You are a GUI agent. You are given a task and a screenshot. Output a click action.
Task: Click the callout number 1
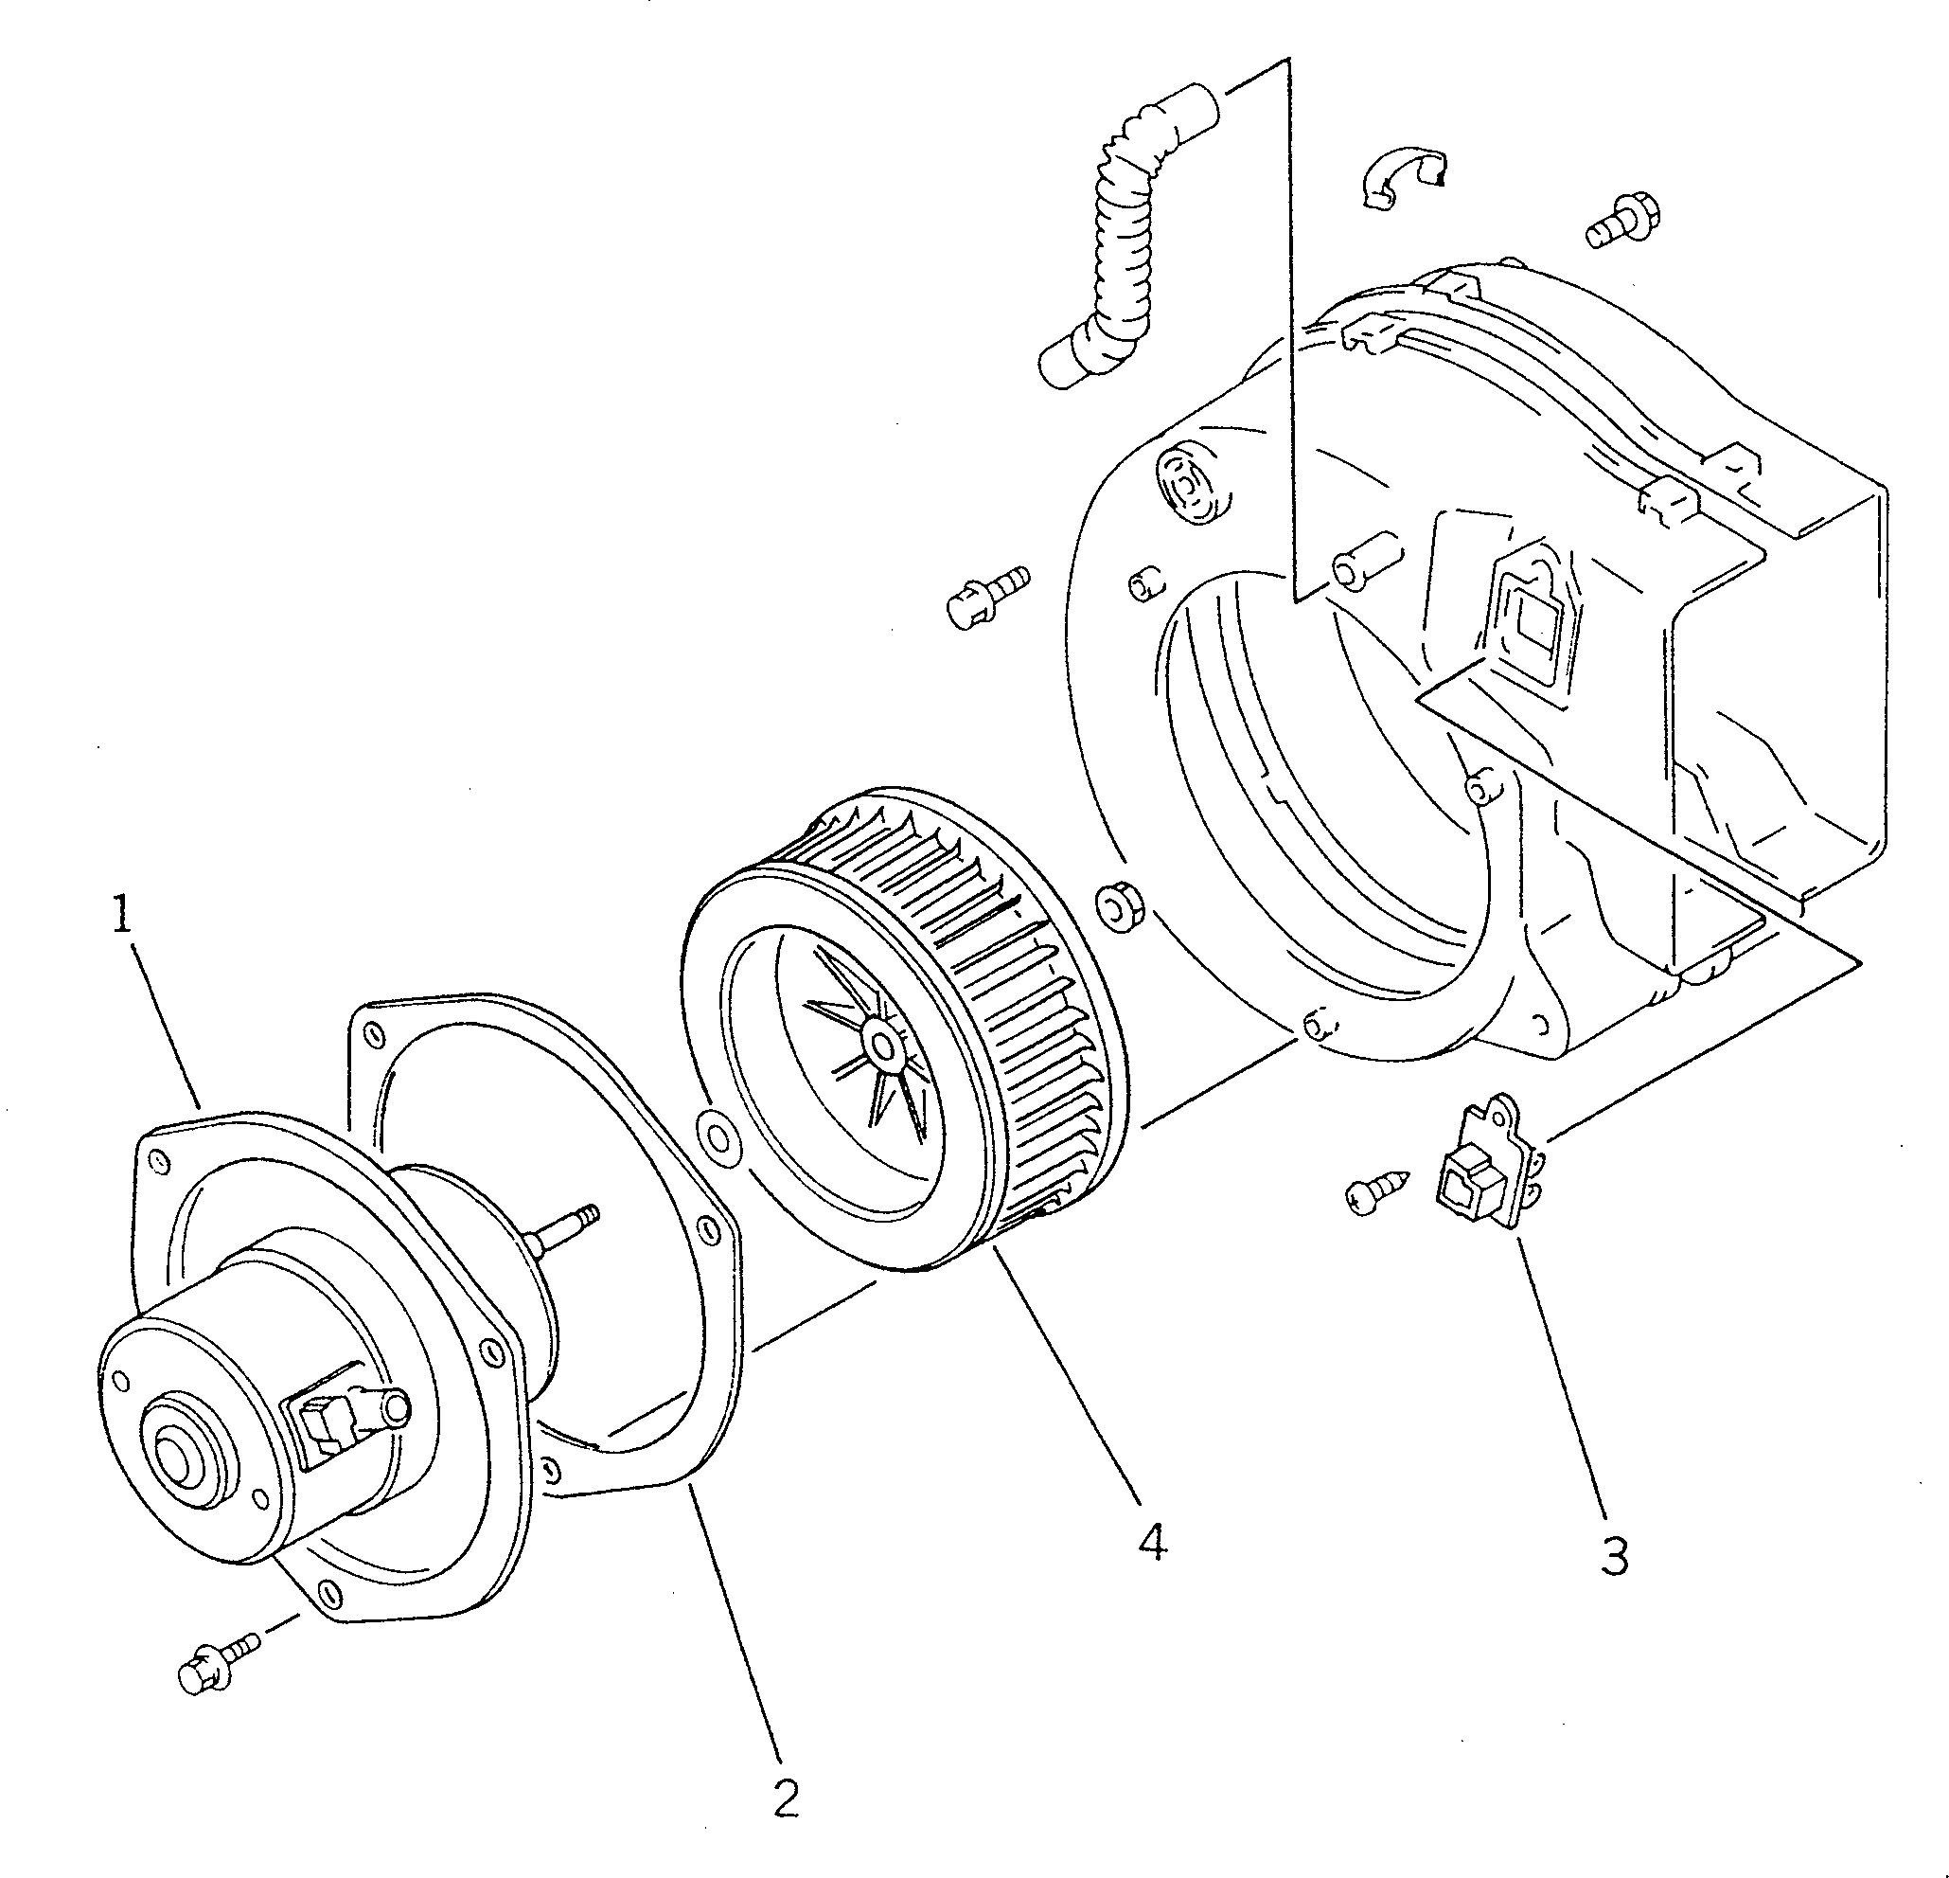[121, 914]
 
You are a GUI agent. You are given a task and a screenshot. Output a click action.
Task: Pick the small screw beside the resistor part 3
[1376, 1190]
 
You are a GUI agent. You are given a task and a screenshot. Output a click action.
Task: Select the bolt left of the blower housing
[987, 595]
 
